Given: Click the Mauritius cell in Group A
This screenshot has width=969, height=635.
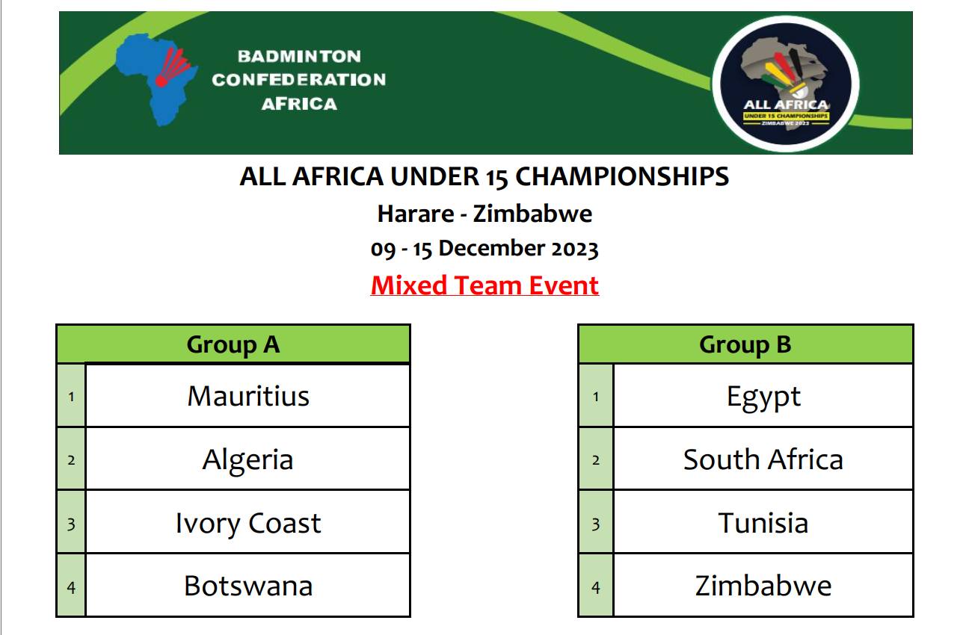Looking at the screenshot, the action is pos(248,396).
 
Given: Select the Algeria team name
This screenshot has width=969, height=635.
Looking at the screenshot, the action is pos(248,460).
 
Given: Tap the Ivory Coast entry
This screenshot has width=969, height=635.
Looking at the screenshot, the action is pos(248,524).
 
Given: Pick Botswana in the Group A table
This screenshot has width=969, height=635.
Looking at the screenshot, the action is pos(248,586).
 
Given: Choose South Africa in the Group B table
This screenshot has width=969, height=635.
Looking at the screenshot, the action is pos(763,459).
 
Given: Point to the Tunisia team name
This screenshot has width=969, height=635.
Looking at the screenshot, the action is pos(763,523).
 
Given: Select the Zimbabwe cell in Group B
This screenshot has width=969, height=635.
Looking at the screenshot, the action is pos(763,586).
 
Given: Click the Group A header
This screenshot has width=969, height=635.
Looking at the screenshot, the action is pos(233,344).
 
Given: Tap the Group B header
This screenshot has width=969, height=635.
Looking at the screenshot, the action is pos(745,344).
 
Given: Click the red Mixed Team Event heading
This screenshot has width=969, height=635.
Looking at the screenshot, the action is pos(485,285).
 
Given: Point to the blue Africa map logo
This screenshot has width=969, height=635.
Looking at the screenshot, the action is pos(156,80).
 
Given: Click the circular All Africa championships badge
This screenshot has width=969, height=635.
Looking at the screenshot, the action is pos(786,84).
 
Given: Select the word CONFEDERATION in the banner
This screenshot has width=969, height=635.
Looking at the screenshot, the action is pos(299,80).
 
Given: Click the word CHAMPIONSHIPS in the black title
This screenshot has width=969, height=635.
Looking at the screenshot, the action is pos(622,176).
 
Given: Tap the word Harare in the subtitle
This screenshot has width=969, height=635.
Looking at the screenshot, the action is pos(416,214).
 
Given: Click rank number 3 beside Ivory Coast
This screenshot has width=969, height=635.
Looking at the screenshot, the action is pos(71,524).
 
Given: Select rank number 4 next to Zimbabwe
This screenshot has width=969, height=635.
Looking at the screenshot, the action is pos(596,587).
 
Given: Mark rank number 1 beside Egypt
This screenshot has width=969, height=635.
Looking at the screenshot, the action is pos(596,397).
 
